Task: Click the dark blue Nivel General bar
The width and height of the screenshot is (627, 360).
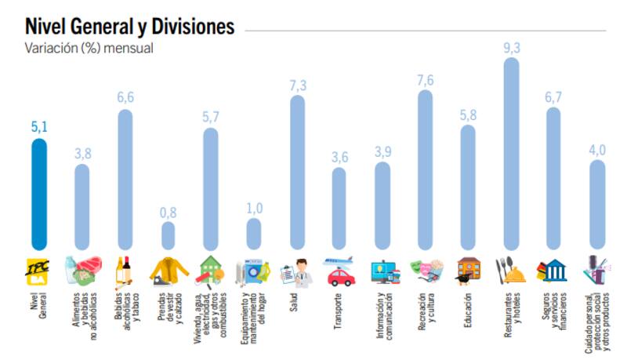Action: click(39, 192)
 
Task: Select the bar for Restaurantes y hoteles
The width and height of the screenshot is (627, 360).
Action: click(511, 153)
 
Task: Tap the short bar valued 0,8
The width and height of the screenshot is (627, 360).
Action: click(169, 234)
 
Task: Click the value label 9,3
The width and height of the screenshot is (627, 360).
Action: click(511, 48)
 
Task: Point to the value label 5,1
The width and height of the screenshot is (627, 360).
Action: click(39, 128)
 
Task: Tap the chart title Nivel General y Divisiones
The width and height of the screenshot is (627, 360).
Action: click(129, 26)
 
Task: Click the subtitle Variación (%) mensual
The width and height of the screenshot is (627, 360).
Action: click(89, 48)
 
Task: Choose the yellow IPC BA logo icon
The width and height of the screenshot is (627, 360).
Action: click(39, 269)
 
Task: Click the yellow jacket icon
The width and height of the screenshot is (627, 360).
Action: click(169, 271)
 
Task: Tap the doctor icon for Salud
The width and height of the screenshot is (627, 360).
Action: click(297, 271)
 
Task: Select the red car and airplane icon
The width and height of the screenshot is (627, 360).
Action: click(339, 271)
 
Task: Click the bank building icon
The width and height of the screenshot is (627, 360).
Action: click(553, 271)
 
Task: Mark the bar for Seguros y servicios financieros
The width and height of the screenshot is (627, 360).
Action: click(553, 176)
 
